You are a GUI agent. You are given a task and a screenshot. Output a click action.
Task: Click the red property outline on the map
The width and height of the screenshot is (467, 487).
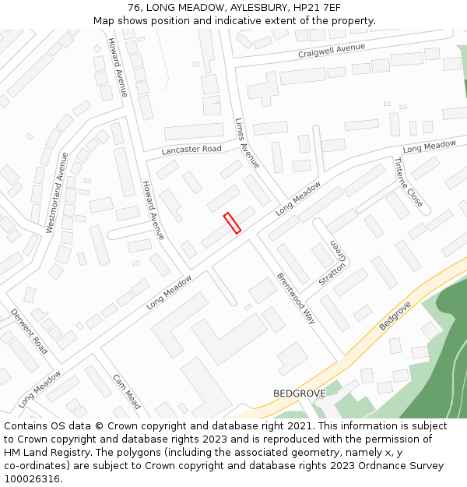tap(232, 223)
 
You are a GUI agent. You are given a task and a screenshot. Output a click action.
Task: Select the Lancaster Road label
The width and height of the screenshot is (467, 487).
tap(191, 150)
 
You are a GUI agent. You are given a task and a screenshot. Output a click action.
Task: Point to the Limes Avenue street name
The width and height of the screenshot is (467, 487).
tap(247, 143)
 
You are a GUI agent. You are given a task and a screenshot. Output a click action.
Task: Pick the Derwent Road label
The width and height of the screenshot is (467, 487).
tap(30, 331)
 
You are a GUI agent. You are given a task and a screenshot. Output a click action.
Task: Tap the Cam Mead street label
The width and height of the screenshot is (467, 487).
tap(127, 392)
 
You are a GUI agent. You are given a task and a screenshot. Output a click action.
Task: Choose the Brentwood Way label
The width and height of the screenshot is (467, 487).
tap(297, 298)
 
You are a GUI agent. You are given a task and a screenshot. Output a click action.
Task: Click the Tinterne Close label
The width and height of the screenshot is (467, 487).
tap(409, 183)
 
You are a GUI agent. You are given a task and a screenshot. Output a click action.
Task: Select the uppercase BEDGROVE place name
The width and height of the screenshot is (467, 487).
tap(299, 393)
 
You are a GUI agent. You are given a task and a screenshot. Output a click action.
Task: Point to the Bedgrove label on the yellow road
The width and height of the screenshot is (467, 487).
tap(395, 315)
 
